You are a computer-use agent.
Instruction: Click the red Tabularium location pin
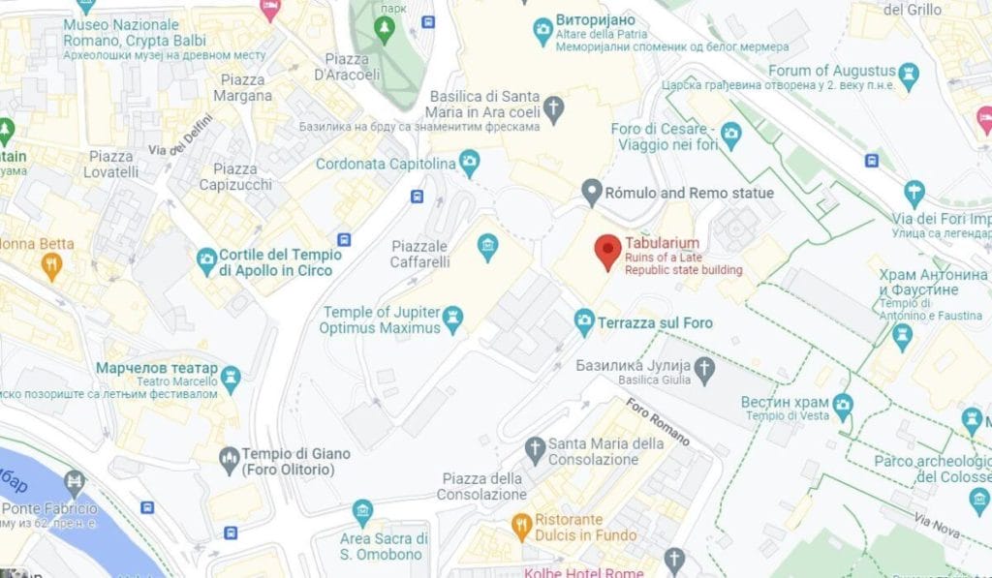607,252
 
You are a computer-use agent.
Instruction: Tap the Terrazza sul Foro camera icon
584,320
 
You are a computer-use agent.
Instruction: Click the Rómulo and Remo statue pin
592,192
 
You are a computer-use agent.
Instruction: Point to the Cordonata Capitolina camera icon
470,162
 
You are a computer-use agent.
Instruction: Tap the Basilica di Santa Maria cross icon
553,107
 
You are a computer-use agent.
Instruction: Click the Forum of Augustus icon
909,73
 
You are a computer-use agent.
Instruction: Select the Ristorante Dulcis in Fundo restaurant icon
520,527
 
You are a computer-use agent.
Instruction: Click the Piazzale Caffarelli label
419,255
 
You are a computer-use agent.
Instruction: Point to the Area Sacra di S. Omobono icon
362,511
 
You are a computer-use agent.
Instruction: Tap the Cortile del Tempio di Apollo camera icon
206,259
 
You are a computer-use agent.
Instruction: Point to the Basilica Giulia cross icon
705,367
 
